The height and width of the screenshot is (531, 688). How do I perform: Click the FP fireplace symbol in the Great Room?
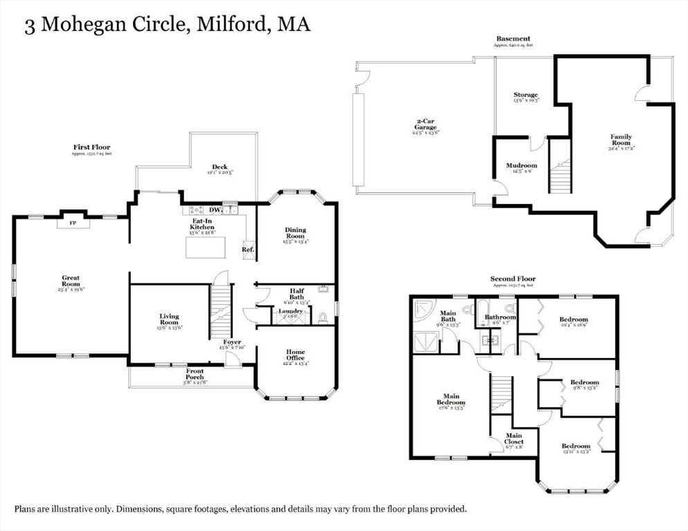click(x=72, y=223)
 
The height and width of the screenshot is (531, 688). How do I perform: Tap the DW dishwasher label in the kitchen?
click(x=215, y=209)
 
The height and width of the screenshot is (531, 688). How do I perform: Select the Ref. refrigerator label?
click(x=248, y=250)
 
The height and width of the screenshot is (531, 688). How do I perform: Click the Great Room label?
click(x=71, y=281)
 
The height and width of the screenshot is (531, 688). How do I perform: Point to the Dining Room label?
click(x=294, y=233)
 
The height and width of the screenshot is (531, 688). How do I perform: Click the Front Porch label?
click(x=194, y=373)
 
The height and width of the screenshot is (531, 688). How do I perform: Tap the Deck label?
click(x=220, y=167)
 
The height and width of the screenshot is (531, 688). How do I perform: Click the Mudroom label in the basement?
click(x=521, y=166)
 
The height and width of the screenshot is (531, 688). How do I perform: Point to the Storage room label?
click(x=525, y=95)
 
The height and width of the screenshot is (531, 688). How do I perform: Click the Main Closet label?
click(x=513, y=439)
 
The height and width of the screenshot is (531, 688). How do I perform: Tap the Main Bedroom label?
click(x=451, y=399)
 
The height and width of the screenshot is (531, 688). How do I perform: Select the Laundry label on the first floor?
click(x=290, y=311)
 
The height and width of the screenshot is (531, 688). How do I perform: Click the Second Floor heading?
click(x=513, y=279)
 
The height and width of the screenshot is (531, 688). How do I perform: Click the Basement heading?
click(x=513, y=39)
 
